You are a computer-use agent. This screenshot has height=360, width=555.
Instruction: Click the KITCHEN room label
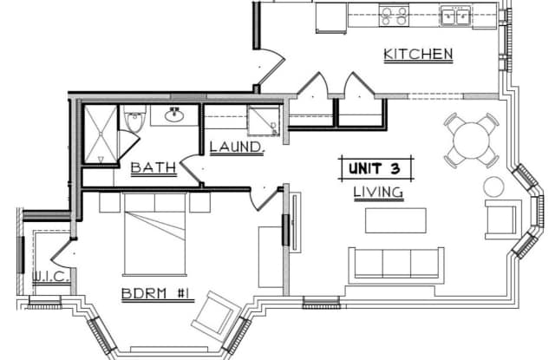point(418,54)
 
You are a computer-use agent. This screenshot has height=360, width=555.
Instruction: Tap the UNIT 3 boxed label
point(375,168)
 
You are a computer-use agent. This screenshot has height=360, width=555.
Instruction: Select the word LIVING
point(378,193)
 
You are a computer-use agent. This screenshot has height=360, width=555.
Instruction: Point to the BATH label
point(153,167)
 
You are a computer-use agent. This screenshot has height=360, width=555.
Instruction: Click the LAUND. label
point(237,147)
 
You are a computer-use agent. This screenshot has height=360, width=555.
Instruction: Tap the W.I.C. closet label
point(50,276)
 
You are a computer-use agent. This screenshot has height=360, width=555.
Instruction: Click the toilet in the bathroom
point(134,117)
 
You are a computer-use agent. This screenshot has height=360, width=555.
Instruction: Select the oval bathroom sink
point(174,115)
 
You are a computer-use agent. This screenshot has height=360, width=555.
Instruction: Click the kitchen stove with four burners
point(394,16)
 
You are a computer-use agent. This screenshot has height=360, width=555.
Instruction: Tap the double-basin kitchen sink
point(456,16)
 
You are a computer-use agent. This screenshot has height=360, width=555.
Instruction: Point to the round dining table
point(472,141)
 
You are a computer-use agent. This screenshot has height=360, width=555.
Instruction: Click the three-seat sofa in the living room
point(396,265)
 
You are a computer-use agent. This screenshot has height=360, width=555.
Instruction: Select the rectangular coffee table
point(395,220)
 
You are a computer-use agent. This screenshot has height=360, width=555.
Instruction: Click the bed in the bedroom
point(155,234)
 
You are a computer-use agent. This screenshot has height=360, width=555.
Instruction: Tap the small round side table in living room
point(493,187)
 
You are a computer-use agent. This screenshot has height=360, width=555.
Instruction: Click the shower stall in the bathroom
point(101,134)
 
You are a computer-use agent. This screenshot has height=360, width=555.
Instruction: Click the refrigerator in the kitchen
point(331,18)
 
